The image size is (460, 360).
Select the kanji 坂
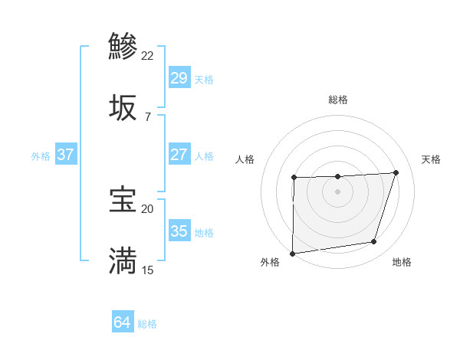point(123,108)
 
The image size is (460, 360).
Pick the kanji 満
point(123,260)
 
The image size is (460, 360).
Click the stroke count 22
point(148,56)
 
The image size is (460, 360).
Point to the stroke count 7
point(148,117)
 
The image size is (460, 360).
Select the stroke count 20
point(148,208)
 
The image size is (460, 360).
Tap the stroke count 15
point(148,270)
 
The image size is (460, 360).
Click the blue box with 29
point(179,78)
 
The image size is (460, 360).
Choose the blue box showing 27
point(179,155)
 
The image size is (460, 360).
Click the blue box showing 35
point(179,231)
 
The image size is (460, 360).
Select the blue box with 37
point(65,155)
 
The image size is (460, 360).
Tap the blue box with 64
point(122,322)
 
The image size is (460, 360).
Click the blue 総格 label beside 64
point(147,324)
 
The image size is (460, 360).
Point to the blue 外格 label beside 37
point(41,156)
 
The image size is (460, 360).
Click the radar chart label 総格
point(338,100)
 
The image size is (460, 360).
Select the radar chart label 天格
point(432,159)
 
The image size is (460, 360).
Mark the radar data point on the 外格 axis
point(292,254)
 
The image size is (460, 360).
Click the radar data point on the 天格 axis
point(396,172)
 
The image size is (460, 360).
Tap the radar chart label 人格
point(245,159)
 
